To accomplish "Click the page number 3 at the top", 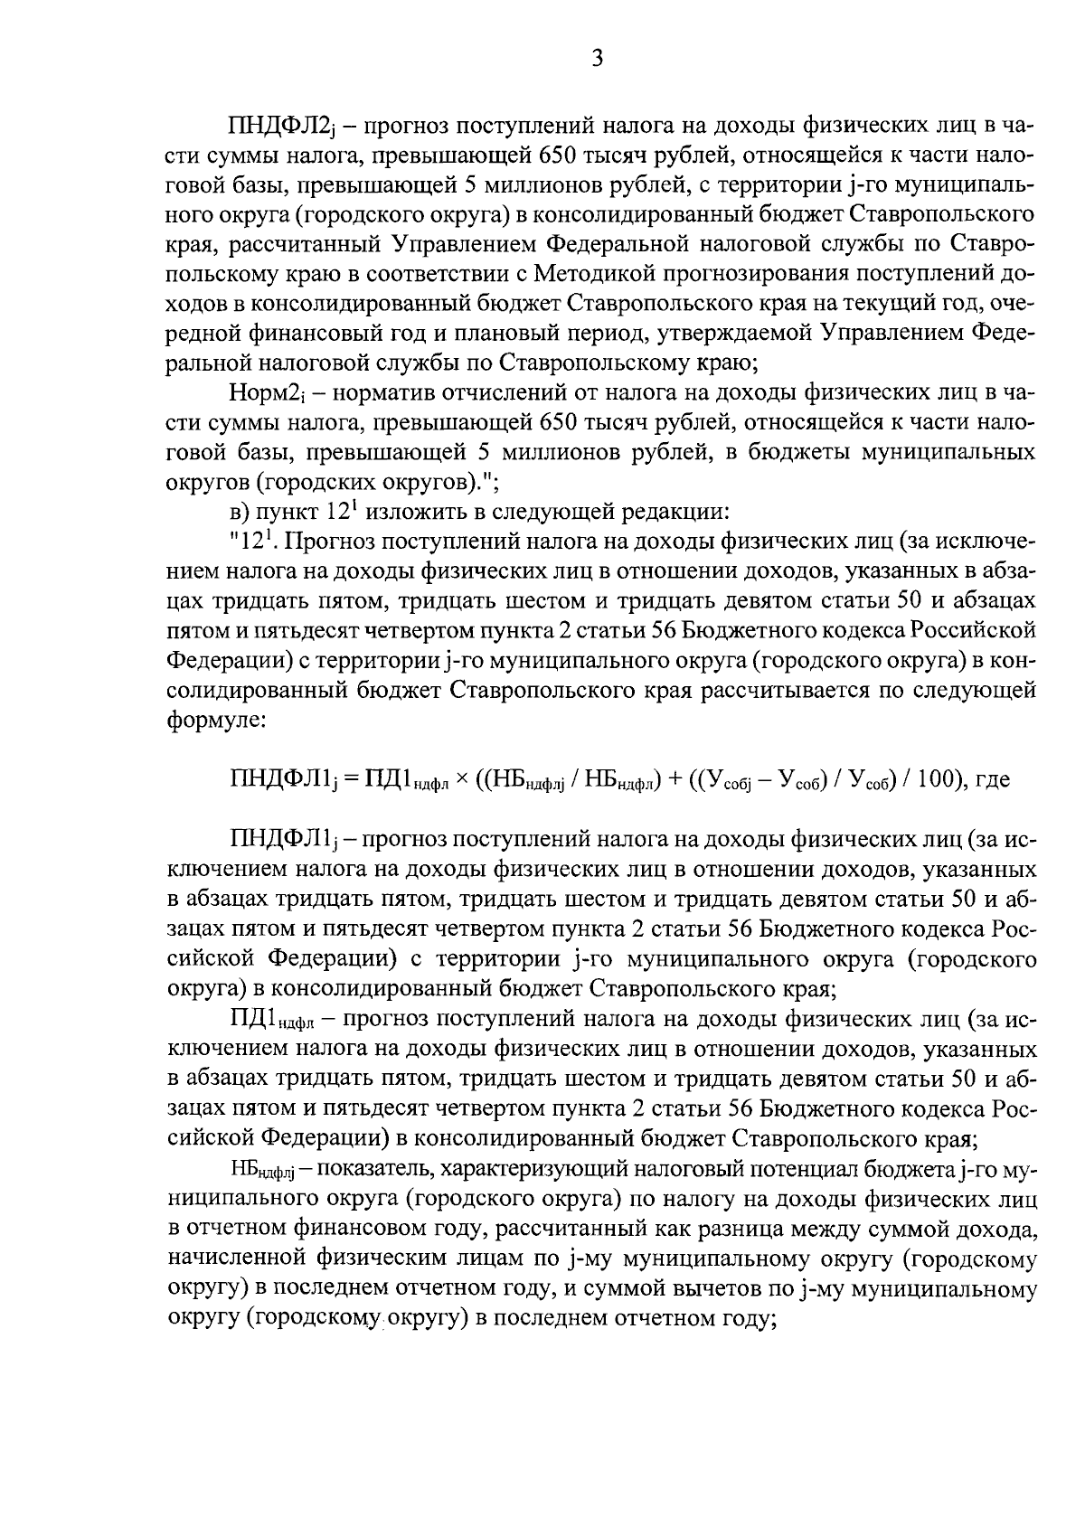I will (x=597, y=60).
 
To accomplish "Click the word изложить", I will (x=406, y=511).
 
